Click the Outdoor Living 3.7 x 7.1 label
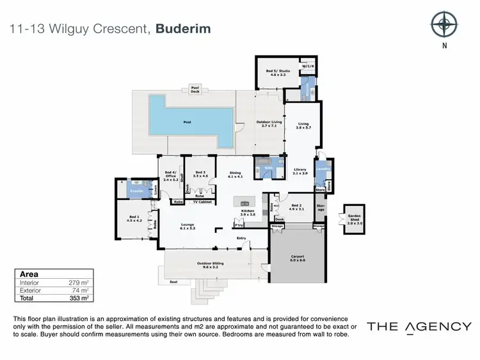[269, 123]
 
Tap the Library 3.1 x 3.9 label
[300, 171]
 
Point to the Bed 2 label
[296, 207]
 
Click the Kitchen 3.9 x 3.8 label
[248, 213]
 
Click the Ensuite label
[136, 191]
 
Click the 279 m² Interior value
[77, 281]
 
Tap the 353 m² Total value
[77, 297]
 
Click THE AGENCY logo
[419, 327]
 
